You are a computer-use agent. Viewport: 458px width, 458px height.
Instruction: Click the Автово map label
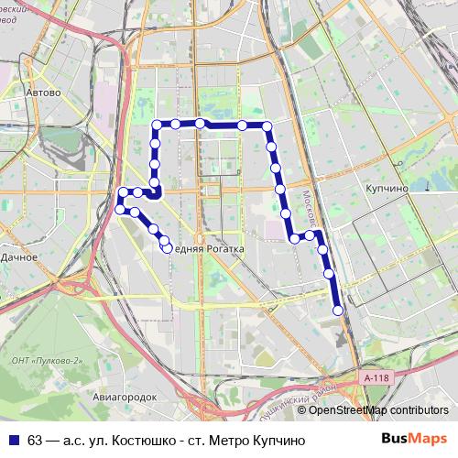pos(44,93)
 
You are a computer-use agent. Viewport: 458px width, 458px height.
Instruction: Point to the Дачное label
pos(18,258)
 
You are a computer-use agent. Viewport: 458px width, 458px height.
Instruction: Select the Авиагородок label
pos(125,397)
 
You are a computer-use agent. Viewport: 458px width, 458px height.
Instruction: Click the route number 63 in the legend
pos(36,440)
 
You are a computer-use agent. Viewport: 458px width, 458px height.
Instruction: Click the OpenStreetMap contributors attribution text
pos(378,409)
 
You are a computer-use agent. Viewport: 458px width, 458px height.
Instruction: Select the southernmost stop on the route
pos(338,311)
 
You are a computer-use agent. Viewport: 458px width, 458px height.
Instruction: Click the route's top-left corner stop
pos(156,125)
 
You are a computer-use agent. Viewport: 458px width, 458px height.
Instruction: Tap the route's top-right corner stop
pos(267,125)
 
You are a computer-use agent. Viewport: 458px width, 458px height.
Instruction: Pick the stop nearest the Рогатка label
pos(167,245)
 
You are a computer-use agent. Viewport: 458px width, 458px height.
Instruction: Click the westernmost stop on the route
pos(118,210)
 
